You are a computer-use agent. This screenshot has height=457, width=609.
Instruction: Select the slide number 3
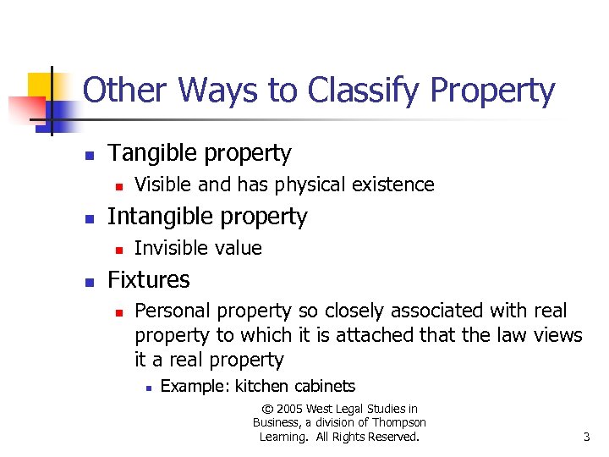point(586,437)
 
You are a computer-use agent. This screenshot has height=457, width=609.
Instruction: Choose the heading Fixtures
point(149,280)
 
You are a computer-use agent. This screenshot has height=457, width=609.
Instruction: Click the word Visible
point(162,184)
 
